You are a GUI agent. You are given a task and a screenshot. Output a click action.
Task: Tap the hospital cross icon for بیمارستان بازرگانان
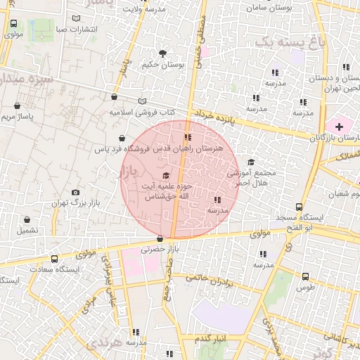[x=340, y=127]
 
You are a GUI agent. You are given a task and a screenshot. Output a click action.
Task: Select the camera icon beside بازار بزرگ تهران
[x=75, y=193]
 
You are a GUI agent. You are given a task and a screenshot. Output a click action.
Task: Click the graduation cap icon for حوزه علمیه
[x=166, y=176]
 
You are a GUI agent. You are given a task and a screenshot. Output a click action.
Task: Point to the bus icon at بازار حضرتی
[x=161, y=238]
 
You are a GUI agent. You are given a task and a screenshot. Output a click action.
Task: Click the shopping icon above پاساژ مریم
[x=17, y=106]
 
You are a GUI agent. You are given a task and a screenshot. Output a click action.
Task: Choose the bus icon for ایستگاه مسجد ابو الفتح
[x=299, y=207]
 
